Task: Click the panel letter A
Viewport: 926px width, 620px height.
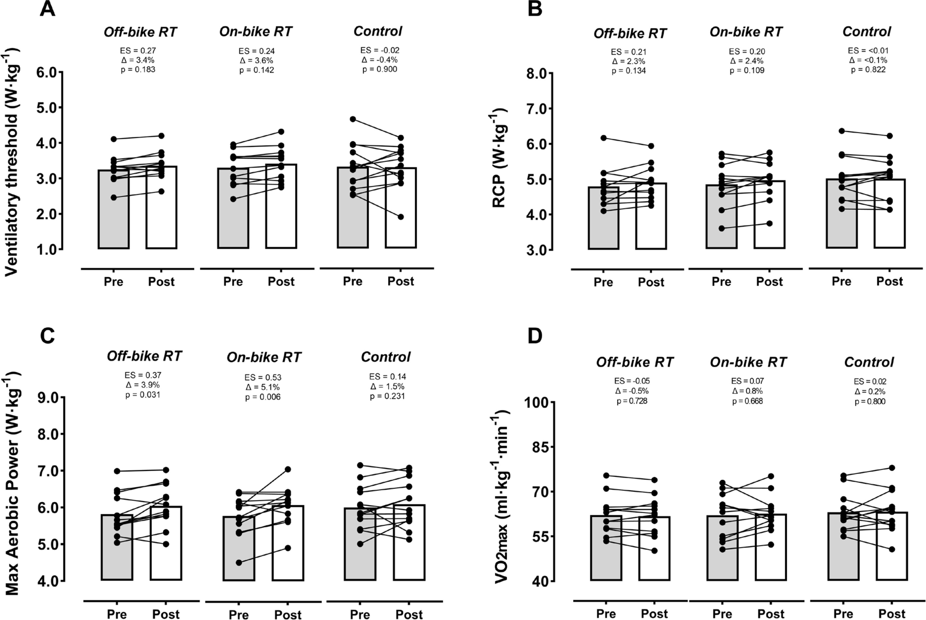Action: pyautogui.click(x=48, y=9)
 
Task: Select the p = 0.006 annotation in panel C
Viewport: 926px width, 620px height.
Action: pyautogui.click(x=263, y=397)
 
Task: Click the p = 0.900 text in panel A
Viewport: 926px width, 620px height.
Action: pyautogui.click(x=380, y=69)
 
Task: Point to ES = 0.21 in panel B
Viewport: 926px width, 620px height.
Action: pyautogui.click(x=629, y=52)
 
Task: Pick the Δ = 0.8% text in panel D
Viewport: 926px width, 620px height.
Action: pyautogui.click(x=747, y=391)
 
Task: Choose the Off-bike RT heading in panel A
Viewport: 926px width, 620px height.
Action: pyautogui.click(x=140, y=32)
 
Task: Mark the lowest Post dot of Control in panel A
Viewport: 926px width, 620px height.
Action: pyautogui.click(x=401, y=217)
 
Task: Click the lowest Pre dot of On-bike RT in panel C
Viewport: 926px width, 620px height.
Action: pyautogui.click(x=239, y=563)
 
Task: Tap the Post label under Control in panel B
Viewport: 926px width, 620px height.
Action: pyautogui.click(x=890, y=281)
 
